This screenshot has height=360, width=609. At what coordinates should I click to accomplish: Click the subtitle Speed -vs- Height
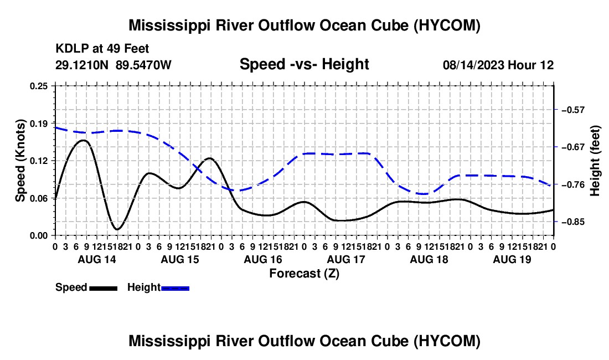(304, 64)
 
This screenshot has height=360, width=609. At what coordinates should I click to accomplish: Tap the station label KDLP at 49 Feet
(102, 49)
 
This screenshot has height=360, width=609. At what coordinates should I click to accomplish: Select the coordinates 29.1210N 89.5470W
(113, 65)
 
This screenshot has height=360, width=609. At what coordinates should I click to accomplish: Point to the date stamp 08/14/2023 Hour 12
(498, 65)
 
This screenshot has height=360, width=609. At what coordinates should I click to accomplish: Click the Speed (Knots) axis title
(20, 161)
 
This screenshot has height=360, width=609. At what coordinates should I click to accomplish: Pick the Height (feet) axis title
(595, 161)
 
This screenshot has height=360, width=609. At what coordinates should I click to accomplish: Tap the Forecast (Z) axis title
(304, 274)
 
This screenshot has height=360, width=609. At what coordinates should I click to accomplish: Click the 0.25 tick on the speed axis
(39, 86)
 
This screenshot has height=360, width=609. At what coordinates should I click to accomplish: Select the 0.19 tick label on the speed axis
(39, 124)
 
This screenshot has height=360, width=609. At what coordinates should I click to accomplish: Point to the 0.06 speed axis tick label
(39, 198)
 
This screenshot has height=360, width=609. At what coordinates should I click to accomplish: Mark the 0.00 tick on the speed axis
(39, 236)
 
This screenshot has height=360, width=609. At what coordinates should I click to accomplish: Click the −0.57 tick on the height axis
(573, 110)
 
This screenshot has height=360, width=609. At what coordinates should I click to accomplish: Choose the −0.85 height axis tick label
(573, 222)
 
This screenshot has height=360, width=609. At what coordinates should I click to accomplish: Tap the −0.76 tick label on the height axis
(573, 184)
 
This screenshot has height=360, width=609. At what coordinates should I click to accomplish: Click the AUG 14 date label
(97, 259)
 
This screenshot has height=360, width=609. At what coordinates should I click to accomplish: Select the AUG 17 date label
(346, 259)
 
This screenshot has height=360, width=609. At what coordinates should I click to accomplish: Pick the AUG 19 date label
(512, 259)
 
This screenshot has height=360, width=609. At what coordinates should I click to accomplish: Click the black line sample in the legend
(104, 288)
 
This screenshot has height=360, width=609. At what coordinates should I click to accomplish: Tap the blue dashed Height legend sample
(175, 288)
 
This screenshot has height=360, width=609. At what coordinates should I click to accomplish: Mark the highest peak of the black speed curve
(83, 140)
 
